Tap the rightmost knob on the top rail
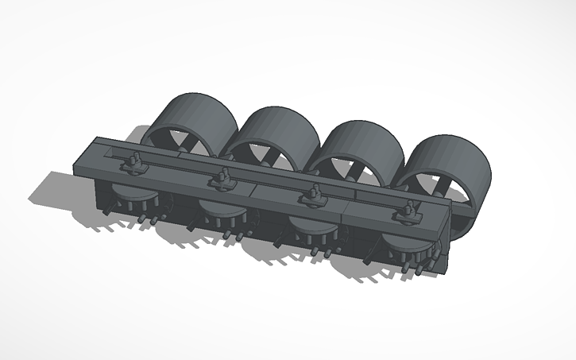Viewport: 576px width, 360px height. pos(410,210)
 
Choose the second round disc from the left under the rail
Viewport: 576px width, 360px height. pos(218,215)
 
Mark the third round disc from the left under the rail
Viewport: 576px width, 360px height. pos(310,230)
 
